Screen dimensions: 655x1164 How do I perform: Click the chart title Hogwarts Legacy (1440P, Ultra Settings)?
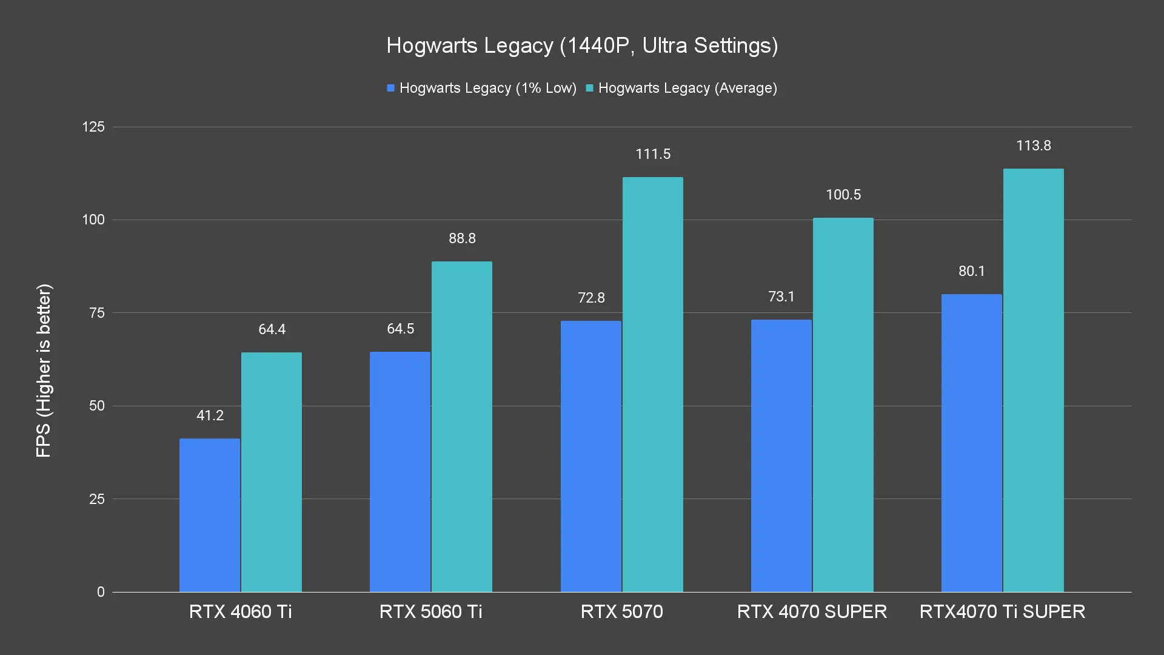tap(582, 45)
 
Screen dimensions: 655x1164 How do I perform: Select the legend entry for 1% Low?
tap(482, 88)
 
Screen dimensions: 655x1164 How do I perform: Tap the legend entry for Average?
tap(681, 88)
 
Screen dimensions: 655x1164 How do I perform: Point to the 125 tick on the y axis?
tap(93, 127)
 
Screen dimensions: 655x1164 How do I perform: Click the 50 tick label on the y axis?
tap(97, 406)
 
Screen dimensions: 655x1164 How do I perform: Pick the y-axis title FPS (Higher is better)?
tap(44, 371)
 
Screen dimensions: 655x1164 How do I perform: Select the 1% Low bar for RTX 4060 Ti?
tap(210, 515)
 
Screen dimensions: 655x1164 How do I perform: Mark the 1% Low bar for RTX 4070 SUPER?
tap(781, 455)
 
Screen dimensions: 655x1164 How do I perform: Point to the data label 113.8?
tap(1034, 146)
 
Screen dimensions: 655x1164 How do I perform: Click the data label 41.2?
tap(210, 415)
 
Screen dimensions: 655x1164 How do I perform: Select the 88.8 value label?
tap(462, 238)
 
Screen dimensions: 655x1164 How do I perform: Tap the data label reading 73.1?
tap(781, 297)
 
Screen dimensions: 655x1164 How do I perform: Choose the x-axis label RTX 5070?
tap(621, 611)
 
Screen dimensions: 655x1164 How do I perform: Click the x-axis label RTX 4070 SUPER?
tap(812, 611)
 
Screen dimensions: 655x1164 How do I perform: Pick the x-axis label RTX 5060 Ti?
tap(430, 611)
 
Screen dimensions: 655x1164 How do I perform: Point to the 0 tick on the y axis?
tap(101, 592)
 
